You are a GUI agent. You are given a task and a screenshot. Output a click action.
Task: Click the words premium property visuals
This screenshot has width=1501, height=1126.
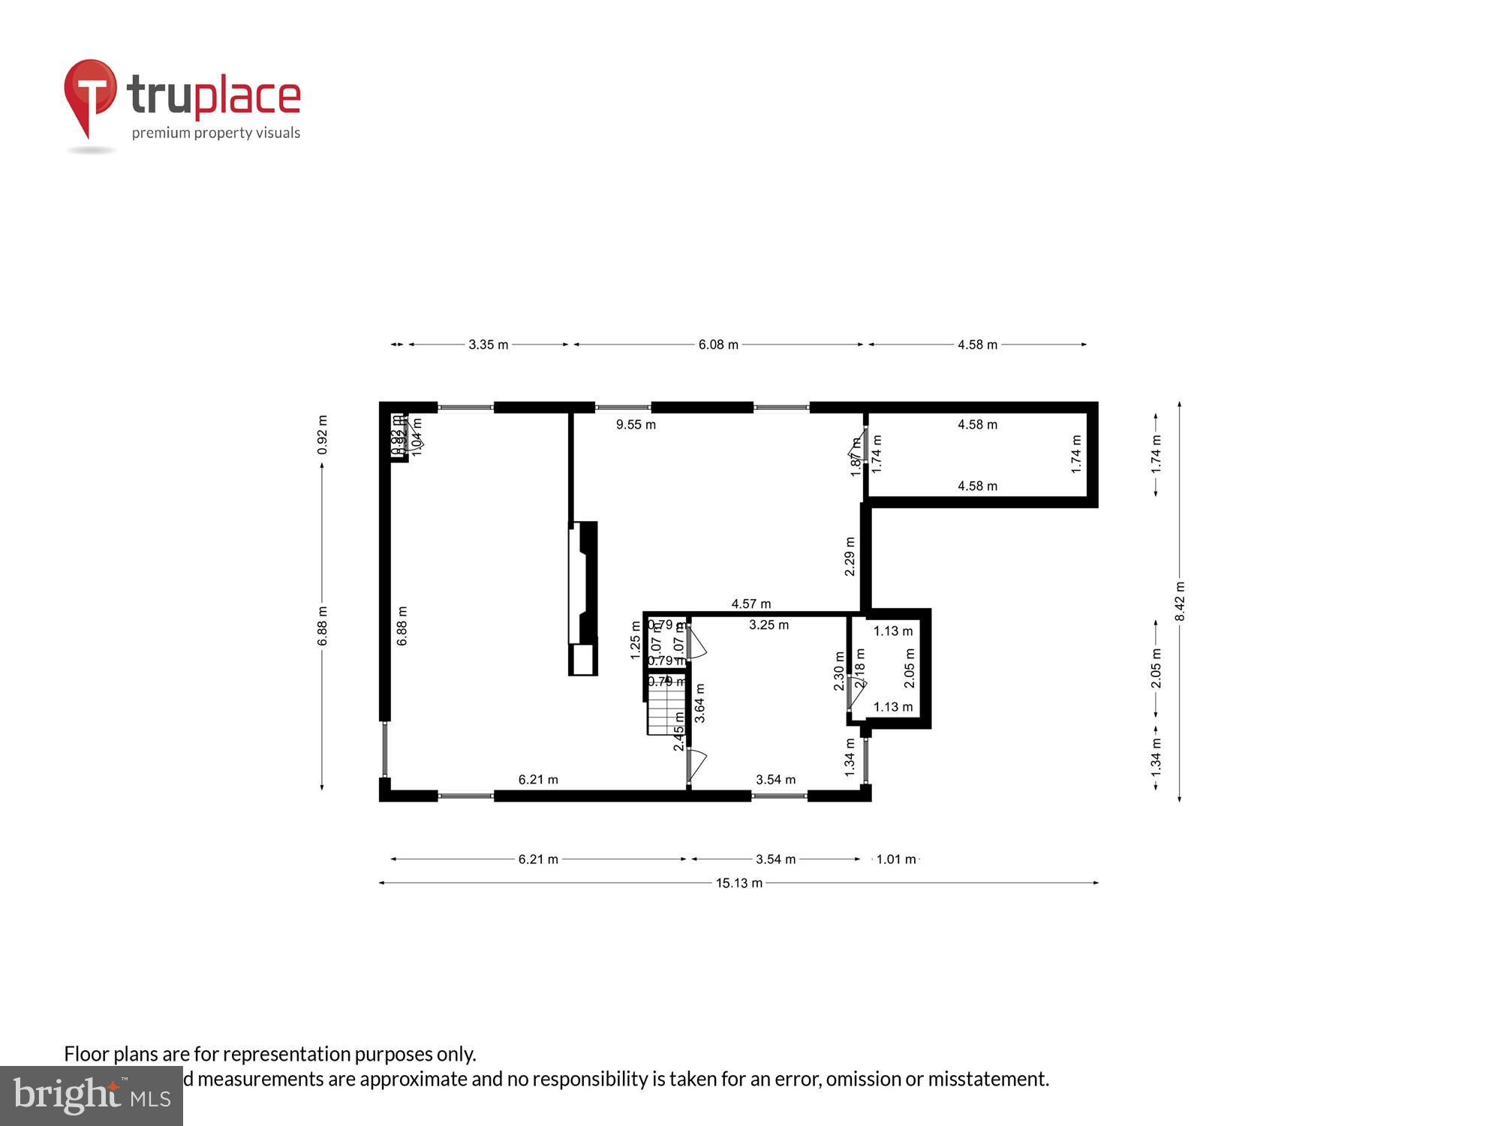(x=216, y=133)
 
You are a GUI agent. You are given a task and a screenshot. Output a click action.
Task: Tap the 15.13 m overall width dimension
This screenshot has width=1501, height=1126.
(x=738, y=883)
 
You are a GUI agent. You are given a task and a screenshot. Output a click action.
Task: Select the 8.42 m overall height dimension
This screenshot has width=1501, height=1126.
(x=1180, y=601)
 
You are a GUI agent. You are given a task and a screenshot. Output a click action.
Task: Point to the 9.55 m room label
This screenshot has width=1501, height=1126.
(x=636, y=425)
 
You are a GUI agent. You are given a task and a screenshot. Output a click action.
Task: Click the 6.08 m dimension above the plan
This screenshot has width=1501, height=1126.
(x=718, y=345)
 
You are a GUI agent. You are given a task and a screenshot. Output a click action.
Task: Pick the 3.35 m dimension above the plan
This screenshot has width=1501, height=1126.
(x=488, y=345)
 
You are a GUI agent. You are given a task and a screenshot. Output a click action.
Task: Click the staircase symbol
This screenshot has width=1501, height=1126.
(x=666, y=709)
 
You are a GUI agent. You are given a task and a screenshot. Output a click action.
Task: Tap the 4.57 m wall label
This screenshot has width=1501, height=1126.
(x=750, y=604)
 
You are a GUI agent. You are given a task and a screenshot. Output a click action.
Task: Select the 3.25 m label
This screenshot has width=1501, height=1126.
(x=769, y=625)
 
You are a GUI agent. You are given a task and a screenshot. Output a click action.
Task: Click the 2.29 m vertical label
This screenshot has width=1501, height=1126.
(x=850, y=556)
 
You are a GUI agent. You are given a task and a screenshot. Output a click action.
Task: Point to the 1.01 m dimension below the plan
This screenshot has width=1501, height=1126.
(x=896, y=859)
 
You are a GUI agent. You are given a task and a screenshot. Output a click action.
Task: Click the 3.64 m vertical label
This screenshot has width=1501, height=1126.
(x=699, y=703)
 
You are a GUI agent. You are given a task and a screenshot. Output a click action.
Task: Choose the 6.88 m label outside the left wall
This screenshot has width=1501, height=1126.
(x=322, y=626)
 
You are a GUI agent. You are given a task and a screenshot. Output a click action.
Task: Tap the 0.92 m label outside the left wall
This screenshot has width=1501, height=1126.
(x=322, y=435)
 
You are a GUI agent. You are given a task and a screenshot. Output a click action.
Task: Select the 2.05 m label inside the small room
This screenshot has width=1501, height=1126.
(x=909, y=668)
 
